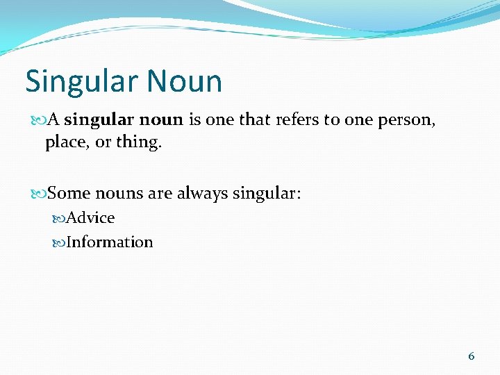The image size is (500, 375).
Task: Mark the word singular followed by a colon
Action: [x=267, y=192]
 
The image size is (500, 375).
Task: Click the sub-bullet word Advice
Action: [x=90, y=218]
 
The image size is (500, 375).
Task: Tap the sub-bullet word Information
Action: [x=109, y=242]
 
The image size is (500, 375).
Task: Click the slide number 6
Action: [x=472, y=356]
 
